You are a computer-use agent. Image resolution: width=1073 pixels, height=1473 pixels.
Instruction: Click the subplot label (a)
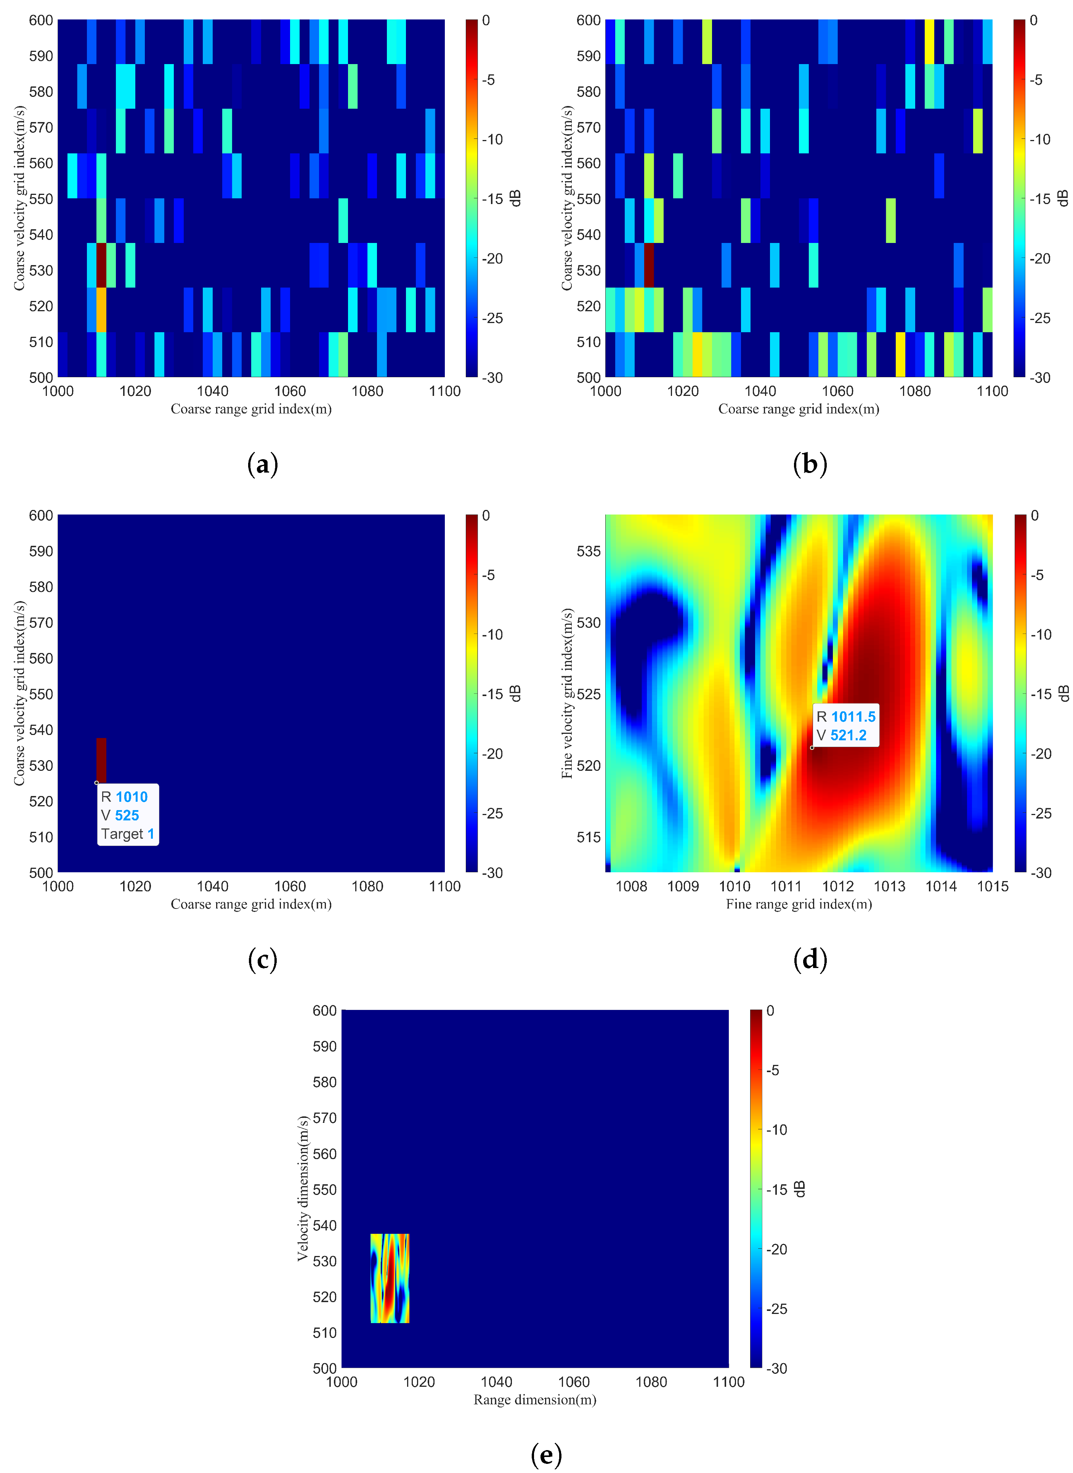tap(263, 465)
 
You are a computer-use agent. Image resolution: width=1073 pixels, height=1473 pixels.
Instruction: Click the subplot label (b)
tap(810, 465)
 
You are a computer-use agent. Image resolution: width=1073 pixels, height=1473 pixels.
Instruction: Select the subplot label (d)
tap(810, 960)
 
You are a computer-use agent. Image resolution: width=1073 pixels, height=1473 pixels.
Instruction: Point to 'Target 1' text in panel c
tap(127, 834)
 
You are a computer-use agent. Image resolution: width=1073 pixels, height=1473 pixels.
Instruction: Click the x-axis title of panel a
tap(251, 409)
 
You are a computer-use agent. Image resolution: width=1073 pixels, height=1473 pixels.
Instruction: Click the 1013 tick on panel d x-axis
tap(889, 886)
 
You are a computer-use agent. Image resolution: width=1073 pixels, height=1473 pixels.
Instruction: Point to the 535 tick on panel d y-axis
tap(589, 551)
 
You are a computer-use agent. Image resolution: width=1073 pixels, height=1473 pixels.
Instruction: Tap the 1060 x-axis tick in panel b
tap(837, 391)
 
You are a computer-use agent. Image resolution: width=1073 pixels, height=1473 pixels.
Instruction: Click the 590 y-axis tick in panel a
tap(41, 56)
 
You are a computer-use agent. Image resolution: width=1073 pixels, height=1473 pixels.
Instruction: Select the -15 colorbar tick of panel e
tap(777, 1189)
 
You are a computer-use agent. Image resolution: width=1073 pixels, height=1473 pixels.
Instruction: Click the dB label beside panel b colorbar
tap(1063, 198)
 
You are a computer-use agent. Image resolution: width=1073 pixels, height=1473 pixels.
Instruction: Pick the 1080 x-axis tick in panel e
tap(651, 1381)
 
